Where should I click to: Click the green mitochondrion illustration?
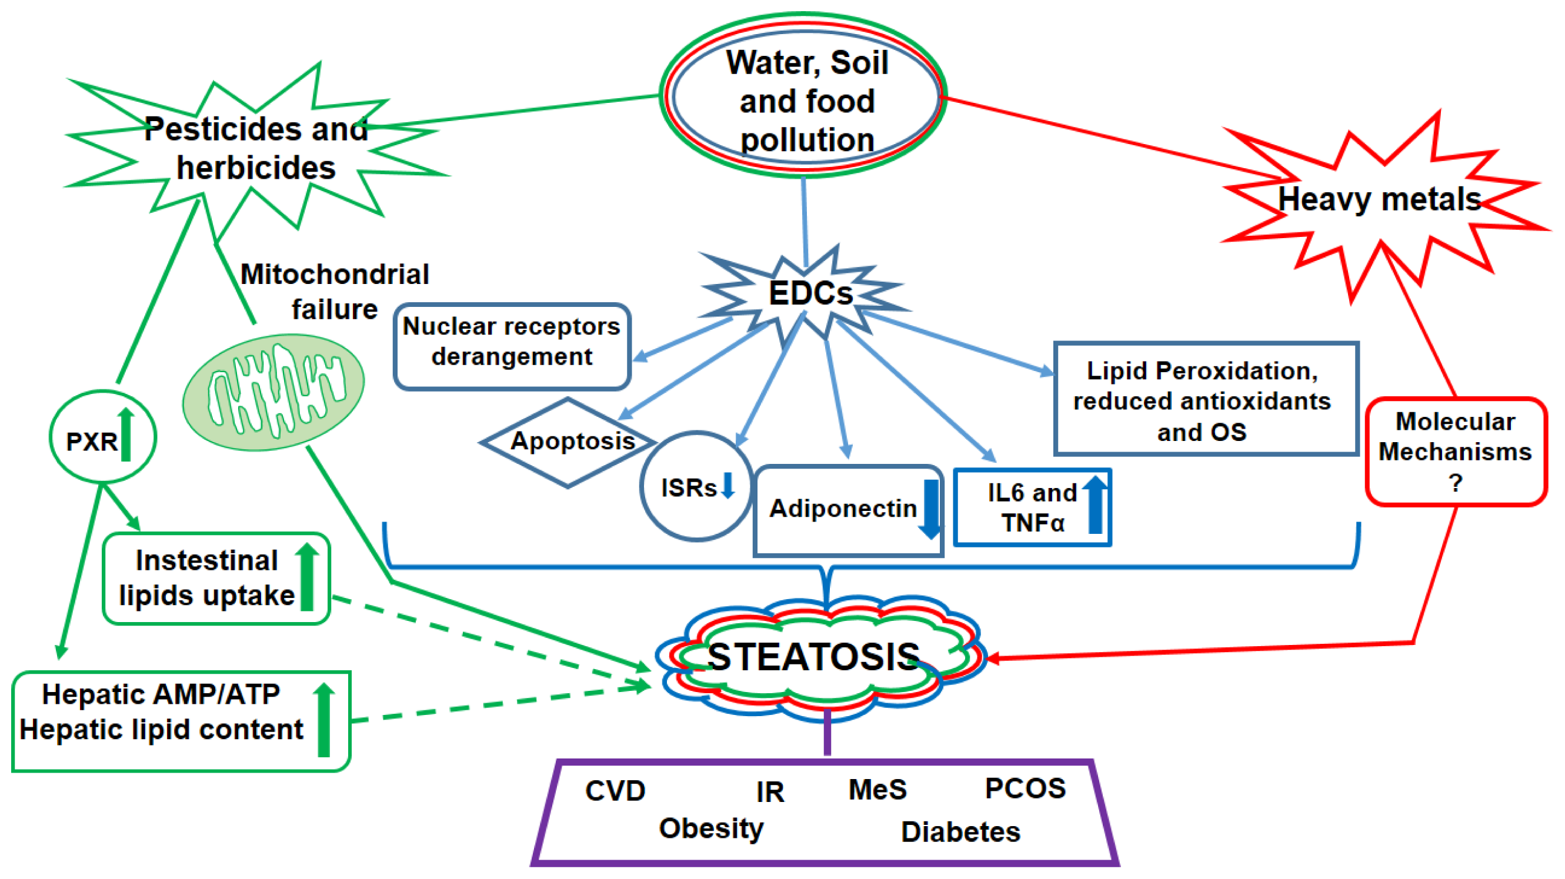click(273, 392)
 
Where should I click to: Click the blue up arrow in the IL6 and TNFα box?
click(1095, 504)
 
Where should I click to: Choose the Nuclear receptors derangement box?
click(512, 345)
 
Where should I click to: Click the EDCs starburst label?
click(810, 293)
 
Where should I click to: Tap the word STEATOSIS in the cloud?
click(814, 657)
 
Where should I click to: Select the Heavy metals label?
click(1379, 199)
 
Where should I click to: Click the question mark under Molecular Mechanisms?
click(1455, 483)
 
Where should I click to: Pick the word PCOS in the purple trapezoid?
click(1025, 788)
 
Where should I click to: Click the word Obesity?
click(711, 828)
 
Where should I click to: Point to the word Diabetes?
click(960, 831)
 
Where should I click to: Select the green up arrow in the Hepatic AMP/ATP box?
click(324, 720)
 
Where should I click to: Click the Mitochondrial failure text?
click(335, 292)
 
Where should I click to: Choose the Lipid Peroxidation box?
click(1205, 399)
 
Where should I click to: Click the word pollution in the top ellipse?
click(807, 141)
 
